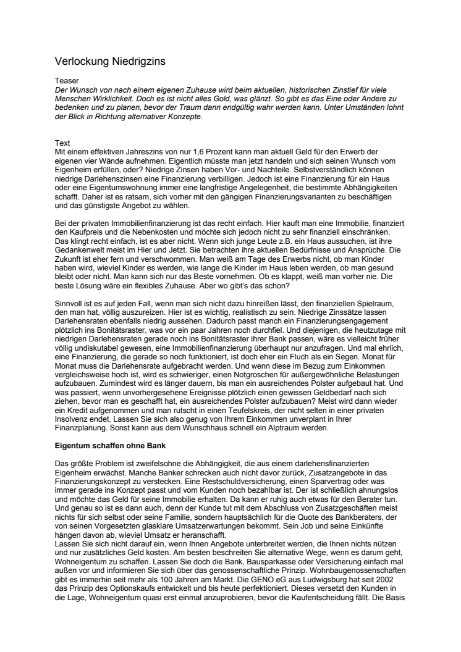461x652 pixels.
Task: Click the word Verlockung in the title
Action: [x=81, y=62]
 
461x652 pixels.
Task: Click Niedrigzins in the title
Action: [x=137, y=62]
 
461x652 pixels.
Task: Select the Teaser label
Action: [x=67, y=80]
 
